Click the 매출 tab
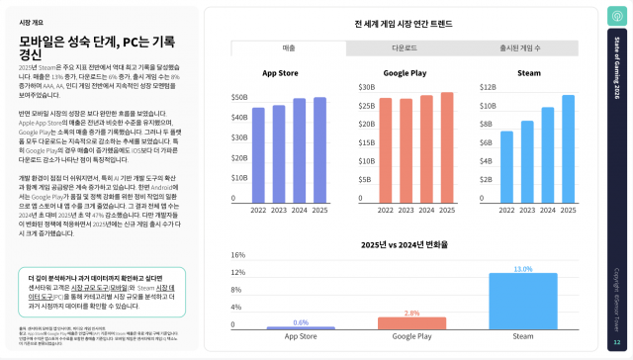click(289, 47)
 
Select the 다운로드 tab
click(404, 47)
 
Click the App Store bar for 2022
click(258, 152)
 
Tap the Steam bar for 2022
click(506, 164)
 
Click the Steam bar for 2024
click(548, 153)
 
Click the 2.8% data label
click(412, 313)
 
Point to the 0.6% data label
click(302, 321)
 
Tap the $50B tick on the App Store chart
click(239, 97)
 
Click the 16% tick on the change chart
click(237, 255)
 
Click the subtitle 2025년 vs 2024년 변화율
click(405, 243)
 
